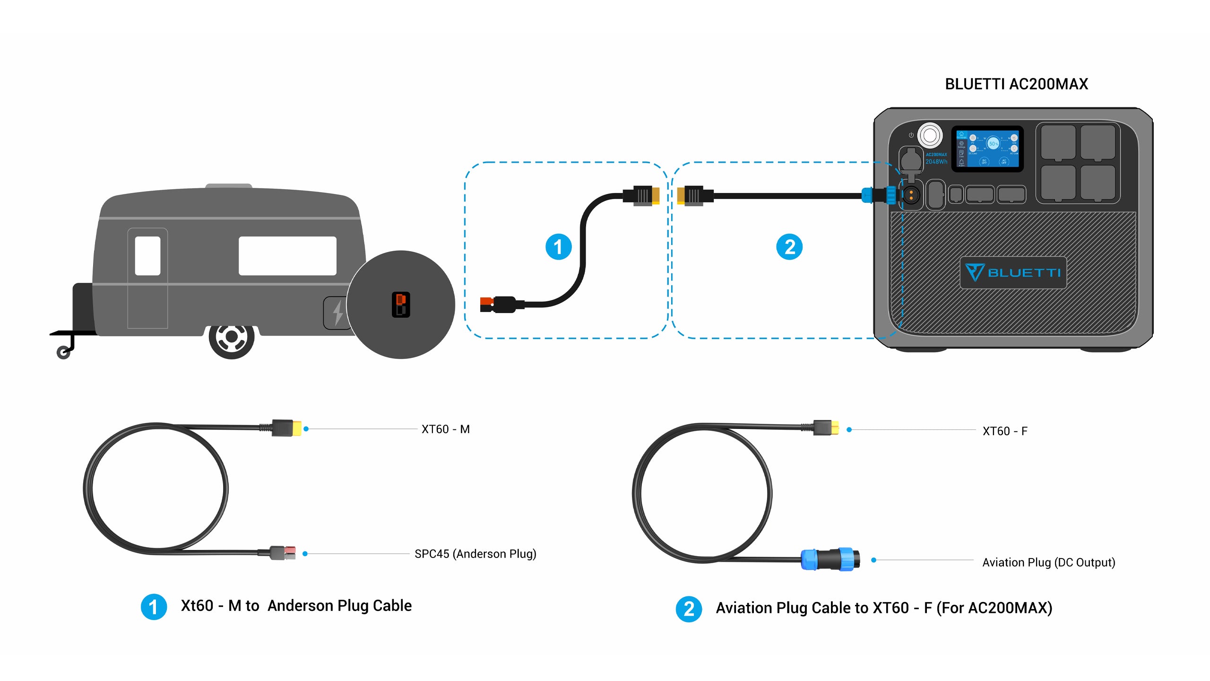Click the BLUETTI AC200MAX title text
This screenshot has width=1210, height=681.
[1016, 84]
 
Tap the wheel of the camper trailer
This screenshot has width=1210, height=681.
[232, 337]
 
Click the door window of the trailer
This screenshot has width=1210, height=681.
[147, 255]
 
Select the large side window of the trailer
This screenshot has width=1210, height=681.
[287, 255]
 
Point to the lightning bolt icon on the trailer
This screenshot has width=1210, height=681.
[337, 313]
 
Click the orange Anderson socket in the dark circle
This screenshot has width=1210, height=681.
[401, 304]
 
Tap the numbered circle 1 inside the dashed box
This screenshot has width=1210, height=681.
[558, 247]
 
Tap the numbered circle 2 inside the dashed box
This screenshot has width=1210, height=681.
[789, 247]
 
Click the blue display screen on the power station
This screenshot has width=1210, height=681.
[988, 148]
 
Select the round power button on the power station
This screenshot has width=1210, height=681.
[930, 136]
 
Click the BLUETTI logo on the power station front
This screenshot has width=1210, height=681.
[1013, 272]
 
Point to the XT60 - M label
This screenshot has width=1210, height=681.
[445, 429]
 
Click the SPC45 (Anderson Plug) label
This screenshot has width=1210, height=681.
[475, 554]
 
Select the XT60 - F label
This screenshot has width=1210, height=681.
[1005, 431]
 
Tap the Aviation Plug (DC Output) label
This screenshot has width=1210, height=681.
[1048, 562]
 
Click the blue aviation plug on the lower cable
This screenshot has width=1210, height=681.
[830, 559]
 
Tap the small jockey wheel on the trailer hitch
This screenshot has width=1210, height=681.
[63, 352]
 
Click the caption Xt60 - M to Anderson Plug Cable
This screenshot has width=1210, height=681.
[296, 606]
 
